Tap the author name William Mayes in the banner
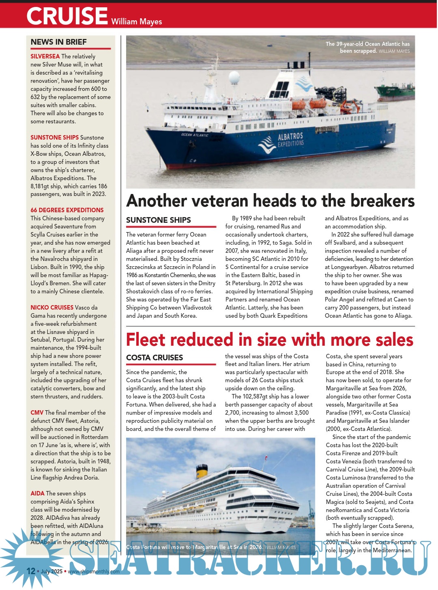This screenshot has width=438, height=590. coord(136,22)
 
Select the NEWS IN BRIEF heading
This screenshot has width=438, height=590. coord(59,42)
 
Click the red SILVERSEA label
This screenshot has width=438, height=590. coord(45,56)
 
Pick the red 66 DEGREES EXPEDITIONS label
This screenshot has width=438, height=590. coord(67,210)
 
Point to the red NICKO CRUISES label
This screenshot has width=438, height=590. coord(52,308)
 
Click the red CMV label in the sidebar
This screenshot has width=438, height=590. coord(37,413)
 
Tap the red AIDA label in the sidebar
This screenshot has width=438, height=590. coord(37,493)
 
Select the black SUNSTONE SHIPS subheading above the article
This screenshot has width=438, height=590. coord(159,220)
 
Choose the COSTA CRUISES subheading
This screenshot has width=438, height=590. coord(155,357)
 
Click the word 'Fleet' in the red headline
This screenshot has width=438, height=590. coord(146,340)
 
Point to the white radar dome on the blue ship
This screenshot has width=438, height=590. coord(234,77)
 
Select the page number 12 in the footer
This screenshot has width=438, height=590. coord(31,571)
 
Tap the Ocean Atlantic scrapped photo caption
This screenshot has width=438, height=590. coord(367,47)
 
